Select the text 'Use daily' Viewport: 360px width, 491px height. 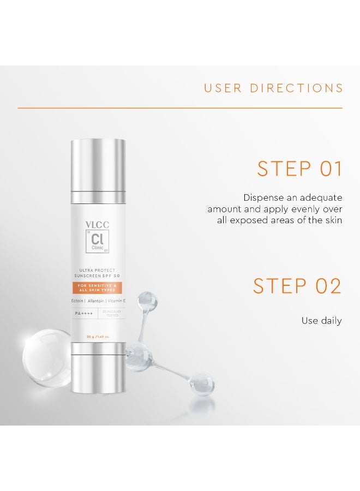pos(321,321)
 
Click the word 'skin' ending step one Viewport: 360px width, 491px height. pos(333,220)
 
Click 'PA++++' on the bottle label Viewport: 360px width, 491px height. pos(85,313)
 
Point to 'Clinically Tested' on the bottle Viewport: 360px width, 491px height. pos(111,313)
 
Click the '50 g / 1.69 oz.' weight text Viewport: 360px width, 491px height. pos(98,337)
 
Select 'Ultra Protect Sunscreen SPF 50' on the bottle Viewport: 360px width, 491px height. pos(98,273)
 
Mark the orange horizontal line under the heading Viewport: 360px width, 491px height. pos(180,108)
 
